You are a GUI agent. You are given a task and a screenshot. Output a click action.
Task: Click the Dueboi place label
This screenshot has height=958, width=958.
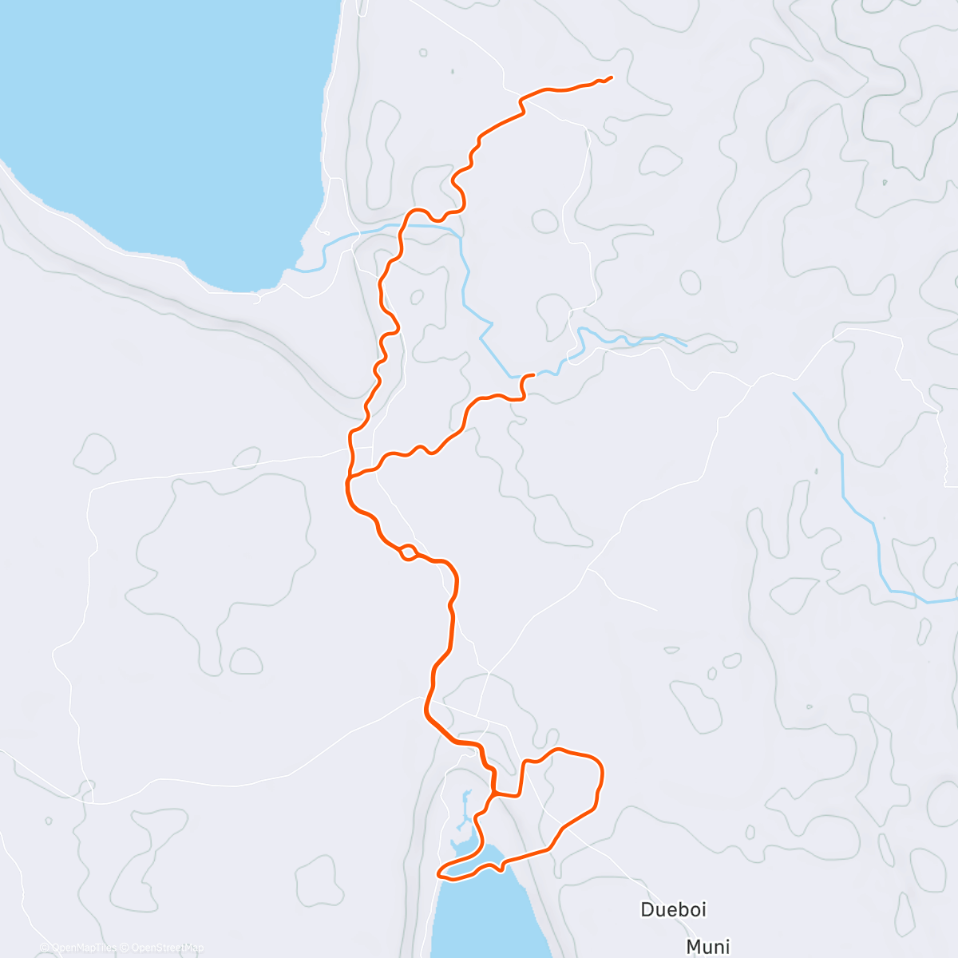click(x=674, y=909)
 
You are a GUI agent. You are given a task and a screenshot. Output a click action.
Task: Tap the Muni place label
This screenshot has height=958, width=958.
click(x=708, y=947)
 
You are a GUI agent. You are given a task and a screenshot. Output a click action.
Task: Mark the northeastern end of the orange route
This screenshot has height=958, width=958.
click(x=611, y=77)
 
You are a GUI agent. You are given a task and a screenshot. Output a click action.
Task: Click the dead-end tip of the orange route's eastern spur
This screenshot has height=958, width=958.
click(x=532, y=374)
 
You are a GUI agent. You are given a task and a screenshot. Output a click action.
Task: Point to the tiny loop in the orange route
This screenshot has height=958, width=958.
click(x=407, y=551)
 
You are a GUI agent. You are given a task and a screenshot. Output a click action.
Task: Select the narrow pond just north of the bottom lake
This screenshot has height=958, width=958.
click(x=464, y=814)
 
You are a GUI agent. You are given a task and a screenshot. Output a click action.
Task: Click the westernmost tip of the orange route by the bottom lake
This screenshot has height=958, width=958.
click(x=438, y=873)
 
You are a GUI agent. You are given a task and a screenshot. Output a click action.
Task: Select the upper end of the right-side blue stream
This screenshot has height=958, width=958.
click(x=794, y=393)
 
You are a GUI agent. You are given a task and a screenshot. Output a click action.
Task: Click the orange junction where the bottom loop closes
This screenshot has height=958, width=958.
click(x=495, y=794)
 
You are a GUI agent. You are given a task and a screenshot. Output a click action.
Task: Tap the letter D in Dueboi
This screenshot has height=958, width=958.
click(x=647, y=909)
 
